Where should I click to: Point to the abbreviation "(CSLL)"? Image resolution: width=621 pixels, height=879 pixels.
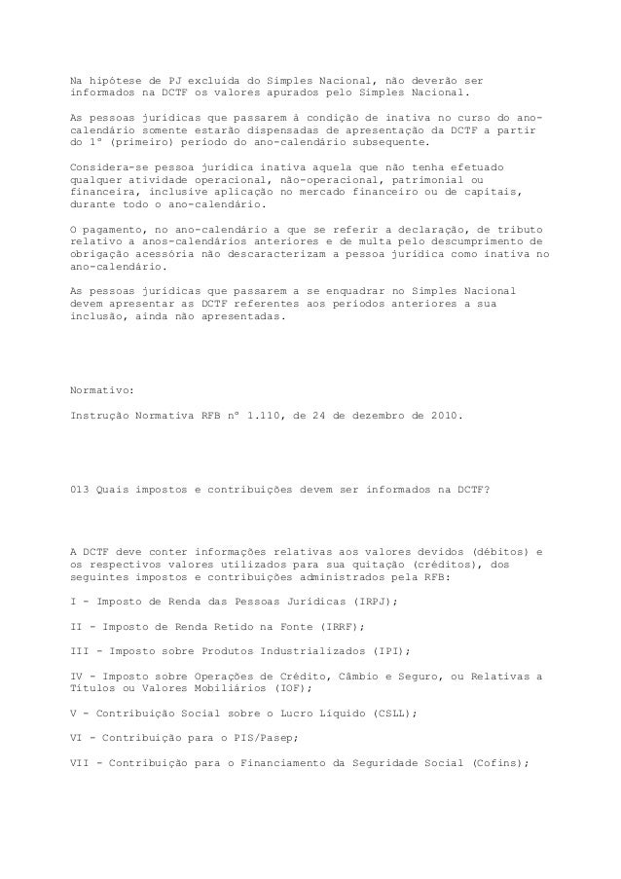click(389, 713)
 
